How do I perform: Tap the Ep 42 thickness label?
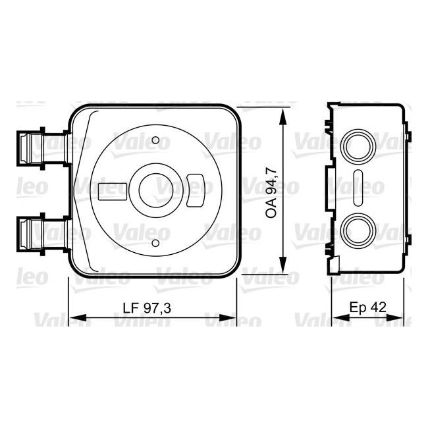click(x=367, y=308)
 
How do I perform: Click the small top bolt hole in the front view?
click(x=155, y=140)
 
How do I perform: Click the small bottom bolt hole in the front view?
click(x=155, y=244)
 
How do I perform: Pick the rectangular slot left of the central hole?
click(x=112, y=192)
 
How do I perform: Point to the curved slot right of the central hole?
click(x=196, y=190)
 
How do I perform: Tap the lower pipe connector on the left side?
click(x=30, y=234)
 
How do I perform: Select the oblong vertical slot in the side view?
click(x=358, y=188)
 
